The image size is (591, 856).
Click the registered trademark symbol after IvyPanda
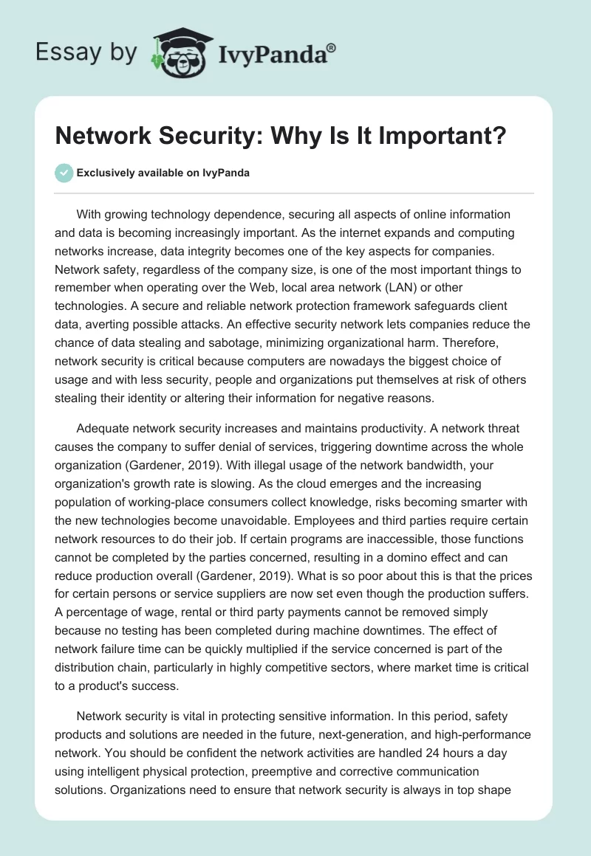332,48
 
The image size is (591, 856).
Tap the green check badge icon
64,173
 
